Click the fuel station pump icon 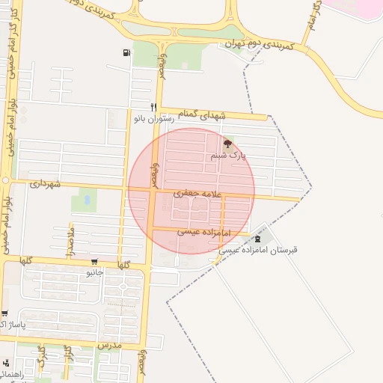click(126, 52)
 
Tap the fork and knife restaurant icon click(153, 107)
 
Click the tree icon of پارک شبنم click(227, 144)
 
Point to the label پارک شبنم click(227, 156)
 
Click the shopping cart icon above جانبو click(94, 262)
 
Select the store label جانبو click(94, 272)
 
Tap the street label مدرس click(108, 346)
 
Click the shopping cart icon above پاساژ click(5, 314)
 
